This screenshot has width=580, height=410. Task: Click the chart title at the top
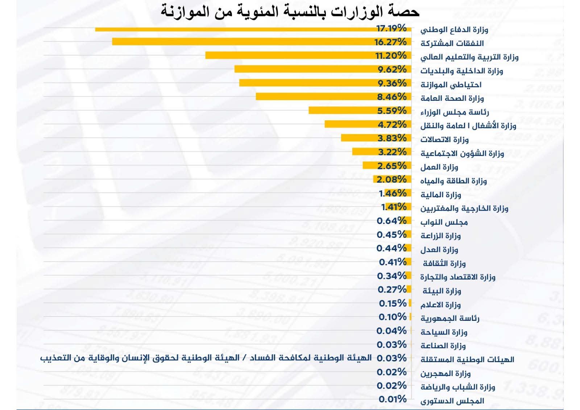tap(290, 11)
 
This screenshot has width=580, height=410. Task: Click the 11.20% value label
tap(391, 55)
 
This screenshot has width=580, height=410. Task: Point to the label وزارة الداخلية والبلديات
tap(461, 71)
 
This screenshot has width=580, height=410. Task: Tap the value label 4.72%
tap(392, 124)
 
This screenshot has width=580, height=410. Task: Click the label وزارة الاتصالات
tap(444, 140)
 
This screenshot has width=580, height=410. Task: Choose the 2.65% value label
tap(392, 166)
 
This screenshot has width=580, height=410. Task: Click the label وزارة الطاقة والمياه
tap(453, 181)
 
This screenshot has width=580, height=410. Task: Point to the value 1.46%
tap(393, 193)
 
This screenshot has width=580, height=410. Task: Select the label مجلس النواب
tap(444, 222)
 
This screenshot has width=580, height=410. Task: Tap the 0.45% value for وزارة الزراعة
tap(391, 235)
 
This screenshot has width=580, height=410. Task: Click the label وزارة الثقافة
tap(444, 263)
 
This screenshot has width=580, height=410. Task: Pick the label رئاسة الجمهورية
tap(450, 318)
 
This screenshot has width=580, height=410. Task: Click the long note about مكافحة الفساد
tap(206, 358)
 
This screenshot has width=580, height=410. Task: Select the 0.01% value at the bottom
tap(393, 399)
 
